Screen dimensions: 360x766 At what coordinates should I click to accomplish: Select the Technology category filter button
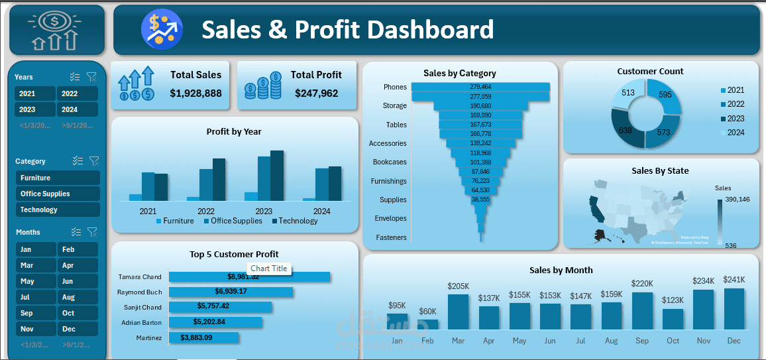tap(58, 210)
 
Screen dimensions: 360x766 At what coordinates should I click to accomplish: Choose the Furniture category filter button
tap(58, 178)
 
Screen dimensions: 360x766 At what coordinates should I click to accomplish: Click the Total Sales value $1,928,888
tap(195, 93)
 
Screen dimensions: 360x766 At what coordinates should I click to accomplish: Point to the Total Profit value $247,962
tap(316, 93)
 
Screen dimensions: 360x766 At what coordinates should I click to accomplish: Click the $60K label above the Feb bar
tap(427, 312)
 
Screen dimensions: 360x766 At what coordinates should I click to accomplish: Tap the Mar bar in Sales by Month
tap(458, 312)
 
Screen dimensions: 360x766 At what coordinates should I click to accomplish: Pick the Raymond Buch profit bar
tap(231, 292)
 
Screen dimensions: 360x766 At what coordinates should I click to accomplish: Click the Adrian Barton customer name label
tap(139, 322)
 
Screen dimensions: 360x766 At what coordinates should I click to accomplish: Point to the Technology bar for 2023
tap(276, 176)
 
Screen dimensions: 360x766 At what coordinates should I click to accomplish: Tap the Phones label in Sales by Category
tap(395, 87)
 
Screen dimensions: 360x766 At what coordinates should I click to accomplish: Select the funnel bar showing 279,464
tap(480, 87)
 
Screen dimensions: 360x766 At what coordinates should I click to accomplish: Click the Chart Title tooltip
tap(269, 269)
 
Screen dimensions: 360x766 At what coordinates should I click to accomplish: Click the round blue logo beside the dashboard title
tap(161, 29)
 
